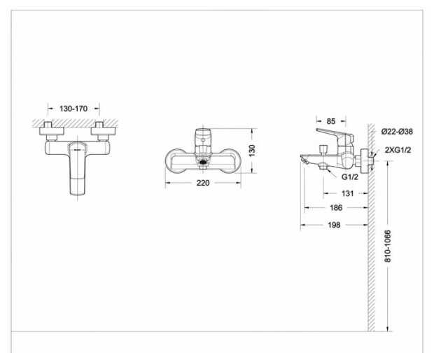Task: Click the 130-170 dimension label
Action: tap(73, 109)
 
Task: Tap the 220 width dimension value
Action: tap(203, 183)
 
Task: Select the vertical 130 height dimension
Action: tap(252, 151)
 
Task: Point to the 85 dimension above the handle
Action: tap(331, 121)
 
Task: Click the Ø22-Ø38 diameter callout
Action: tap(397, 131)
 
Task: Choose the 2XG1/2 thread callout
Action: tap(398, 150)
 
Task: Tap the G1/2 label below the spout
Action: tap(350, 176)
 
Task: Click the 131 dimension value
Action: tap(347, 193)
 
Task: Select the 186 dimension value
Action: tap(336, 207)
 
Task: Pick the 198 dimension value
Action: tap(334, 225)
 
